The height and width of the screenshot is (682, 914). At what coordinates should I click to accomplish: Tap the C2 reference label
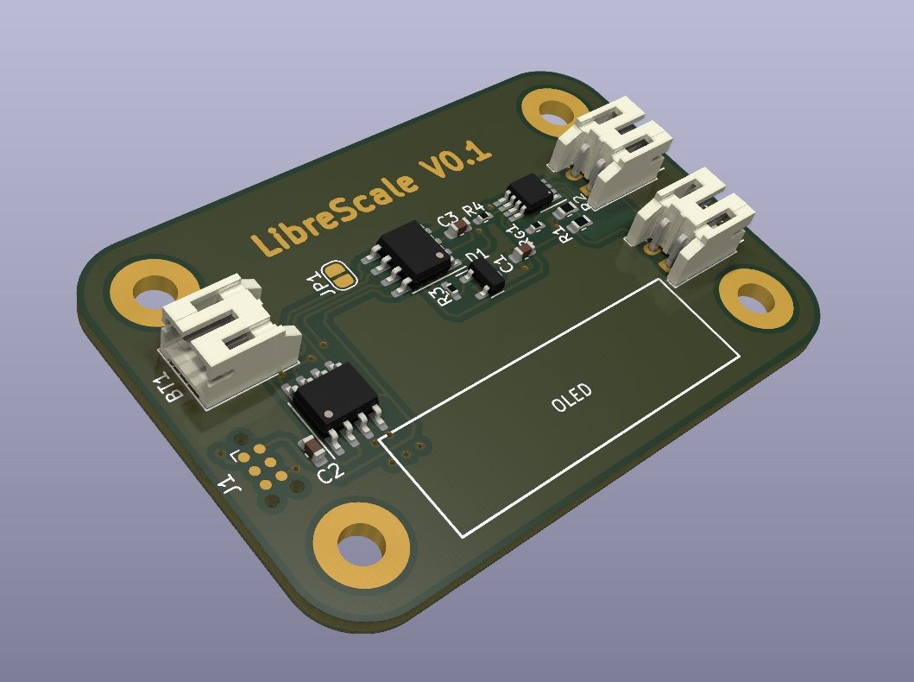point(331,471)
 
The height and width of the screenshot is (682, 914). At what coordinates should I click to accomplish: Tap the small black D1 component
point(486,276)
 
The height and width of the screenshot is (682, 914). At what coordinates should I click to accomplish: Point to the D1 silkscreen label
point(475,257)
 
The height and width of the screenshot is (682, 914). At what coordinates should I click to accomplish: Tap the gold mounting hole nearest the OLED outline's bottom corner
point(361,548)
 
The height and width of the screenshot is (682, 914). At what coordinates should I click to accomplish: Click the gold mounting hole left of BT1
point(156,290)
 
